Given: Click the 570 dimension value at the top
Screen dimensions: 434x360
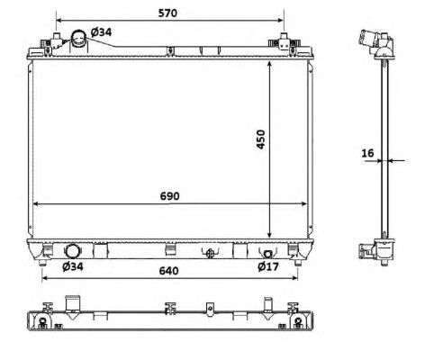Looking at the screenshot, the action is pyautogui.click(x=167, y=13).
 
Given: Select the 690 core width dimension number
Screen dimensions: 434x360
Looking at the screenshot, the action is pyautogui.click(x=169, y=196).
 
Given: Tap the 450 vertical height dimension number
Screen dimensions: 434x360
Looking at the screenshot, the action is pyautogui.click(x=260, y=139).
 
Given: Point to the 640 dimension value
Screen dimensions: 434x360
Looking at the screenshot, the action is pyautogui.click(x=168, y=271).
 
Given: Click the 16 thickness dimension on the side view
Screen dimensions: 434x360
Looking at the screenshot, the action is pyautogui.click(x=367, y=153).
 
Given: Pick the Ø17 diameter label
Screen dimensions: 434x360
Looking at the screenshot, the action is pyautogui.click(x=268, y=266).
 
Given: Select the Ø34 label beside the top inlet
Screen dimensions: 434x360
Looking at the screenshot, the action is pyautogui.click(x=101, y=31).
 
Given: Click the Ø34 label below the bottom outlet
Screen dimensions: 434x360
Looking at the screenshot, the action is pyautogui.click(x=73, y=266).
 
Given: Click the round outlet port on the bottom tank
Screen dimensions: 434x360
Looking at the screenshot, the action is pyautogui.click(x=72, y=251).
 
